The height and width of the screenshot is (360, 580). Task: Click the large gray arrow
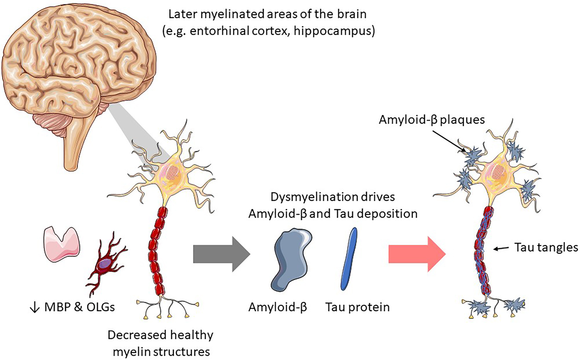point(221,254)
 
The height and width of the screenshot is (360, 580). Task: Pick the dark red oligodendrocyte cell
point(105,266)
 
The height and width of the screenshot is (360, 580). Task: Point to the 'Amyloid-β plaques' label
point(432,119)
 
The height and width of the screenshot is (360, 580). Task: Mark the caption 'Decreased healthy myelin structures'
point(161,342)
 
